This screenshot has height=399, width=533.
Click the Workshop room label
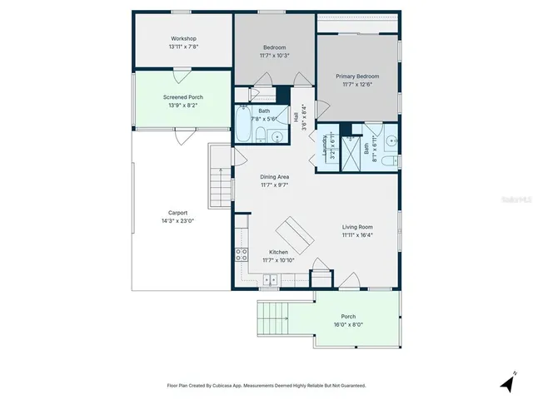click(183, 39)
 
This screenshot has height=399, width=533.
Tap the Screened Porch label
click(182, 97)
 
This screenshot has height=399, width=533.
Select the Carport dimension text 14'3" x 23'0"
click(177, 221)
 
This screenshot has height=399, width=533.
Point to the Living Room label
click(357, 226)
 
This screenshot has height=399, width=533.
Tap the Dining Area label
click(274, 176)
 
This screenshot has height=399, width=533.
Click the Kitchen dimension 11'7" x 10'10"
click(278, 261)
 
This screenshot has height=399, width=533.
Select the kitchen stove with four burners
click(242, 255)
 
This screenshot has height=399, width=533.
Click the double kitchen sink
click(271, 281)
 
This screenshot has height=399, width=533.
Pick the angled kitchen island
click(296, 234)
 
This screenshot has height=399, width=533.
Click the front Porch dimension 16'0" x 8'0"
click(348, 324)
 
